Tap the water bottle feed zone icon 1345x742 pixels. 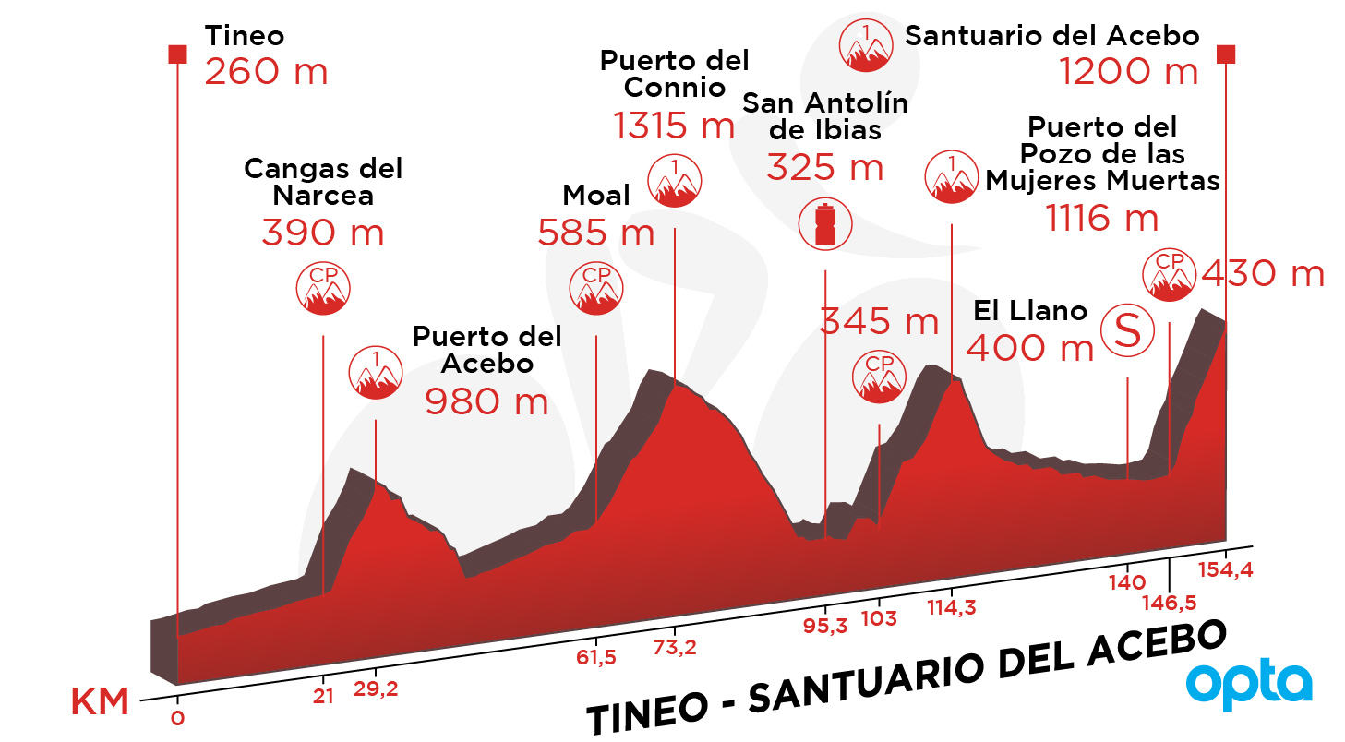pyautogui.click(x=825, y=223)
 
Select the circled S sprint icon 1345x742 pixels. pyautogui.click(x=1127, y=330)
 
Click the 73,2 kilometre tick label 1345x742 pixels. pyautogui.click(x=674, y=647)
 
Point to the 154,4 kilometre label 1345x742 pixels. pyautogui.click(x=1226, y=568)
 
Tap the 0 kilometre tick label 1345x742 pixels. pyautogui.click(x=178, y=718)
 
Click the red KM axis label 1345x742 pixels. pyautogui.click(x=100, y=700)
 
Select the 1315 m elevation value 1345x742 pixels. pyautogui.click(x=674, y=126)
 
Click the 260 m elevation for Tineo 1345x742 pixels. pyautogui.click(x=265, y=71)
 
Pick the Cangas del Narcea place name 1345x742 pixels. pyautogui.click(x=323, y=182)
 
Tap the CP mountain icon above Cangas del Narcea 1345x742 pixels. pyautogui.click(x=323, y=288)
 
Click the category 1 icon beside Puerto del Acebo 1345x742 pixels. pyautogui.click(x=376, y=372)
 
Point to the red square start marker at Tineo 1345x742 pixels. pyautogui.click(x=178, y=54)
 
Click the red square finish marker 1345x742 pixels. pyautogui.click(x=1226, y=54)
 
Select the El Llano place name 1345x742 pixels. pyautogui.click(x=1030, y=311)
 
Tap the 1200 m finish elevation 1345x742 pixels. pyautogui.click(x=1128, y=71)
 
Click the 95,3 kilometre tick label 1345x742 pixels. pyautogui.click(x=825, y=626)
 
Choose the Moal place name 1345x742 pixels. pyautogui.click(x=595, y=195)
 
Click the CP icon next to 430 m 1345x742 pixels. pyautogui.click(x=1169, y=274)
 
